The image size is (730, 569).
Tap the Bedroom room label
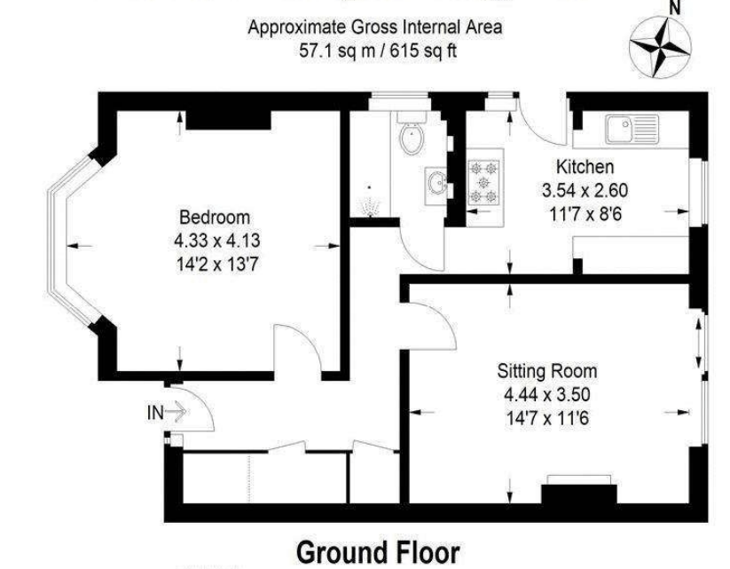pos(215,217)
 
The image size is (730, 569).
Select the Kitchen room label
pos(584,167)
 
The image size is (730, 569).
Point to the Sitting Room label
pos(547,371)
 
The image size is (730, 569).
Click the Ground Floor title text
pos(378,550)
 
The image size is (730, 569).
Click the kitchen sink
pos(631,130)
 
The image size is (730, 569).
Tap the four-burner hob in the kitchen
pos(485,181)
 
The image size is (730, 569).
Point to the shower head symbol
pos(370,205)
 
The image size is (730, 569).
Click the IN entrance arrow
pos(175,412)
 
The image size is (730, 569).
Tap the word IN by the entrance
pos(154,412)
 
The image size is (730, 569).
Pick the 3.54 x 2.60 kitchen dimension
pos(585,190)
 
